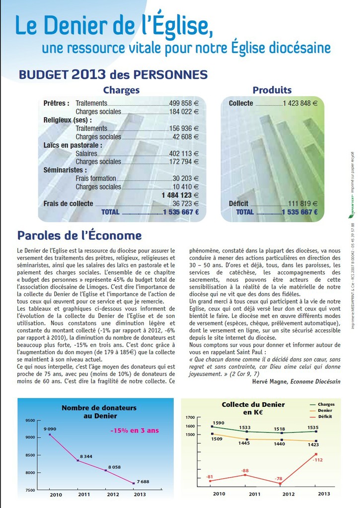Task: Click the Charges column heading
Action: [121, 90]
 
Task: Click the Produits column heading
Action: [272, 90]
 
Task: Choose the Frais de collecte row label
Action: [68, 203]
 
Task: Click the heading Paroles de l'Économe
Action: [79, 235]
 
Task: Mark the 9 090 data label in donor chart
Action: [50, 429]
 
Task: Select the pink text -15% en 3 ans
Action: [135, 430]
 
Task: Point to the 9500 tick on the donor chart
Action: [30, 421]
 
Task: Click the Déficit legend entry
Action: [326, 417]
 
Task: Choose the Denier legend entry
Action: [325, 410]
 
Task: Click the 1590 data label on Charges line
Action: [218, 423]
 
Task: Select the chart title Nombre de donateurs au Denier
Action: [99, 412]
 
